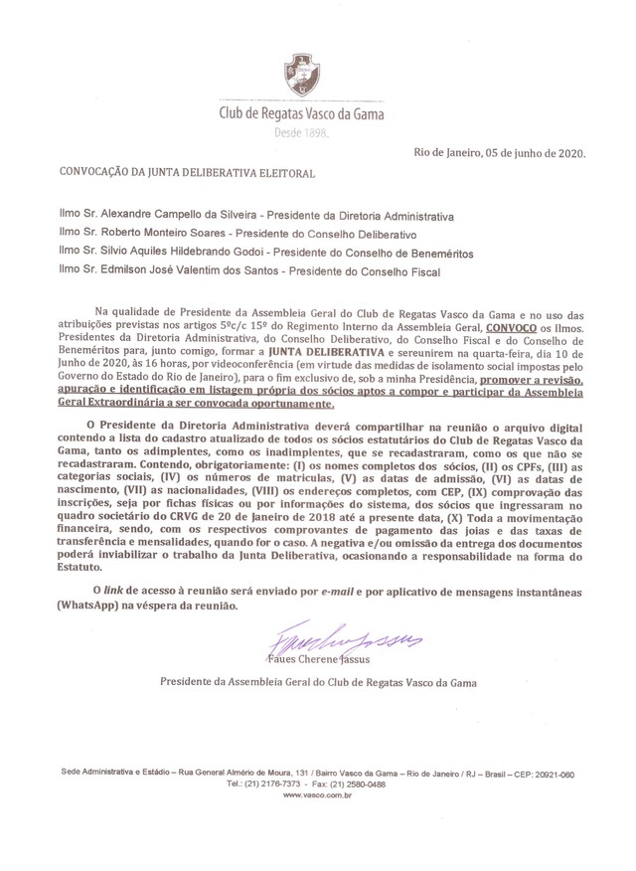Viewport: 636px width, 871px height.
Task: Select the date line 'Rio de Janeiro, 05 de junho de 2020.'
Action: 499,152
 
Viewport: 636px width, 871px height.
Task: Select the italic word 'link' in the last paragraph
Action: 114,591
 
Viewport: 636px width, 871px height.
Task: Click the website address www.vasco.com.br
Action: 318,795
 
